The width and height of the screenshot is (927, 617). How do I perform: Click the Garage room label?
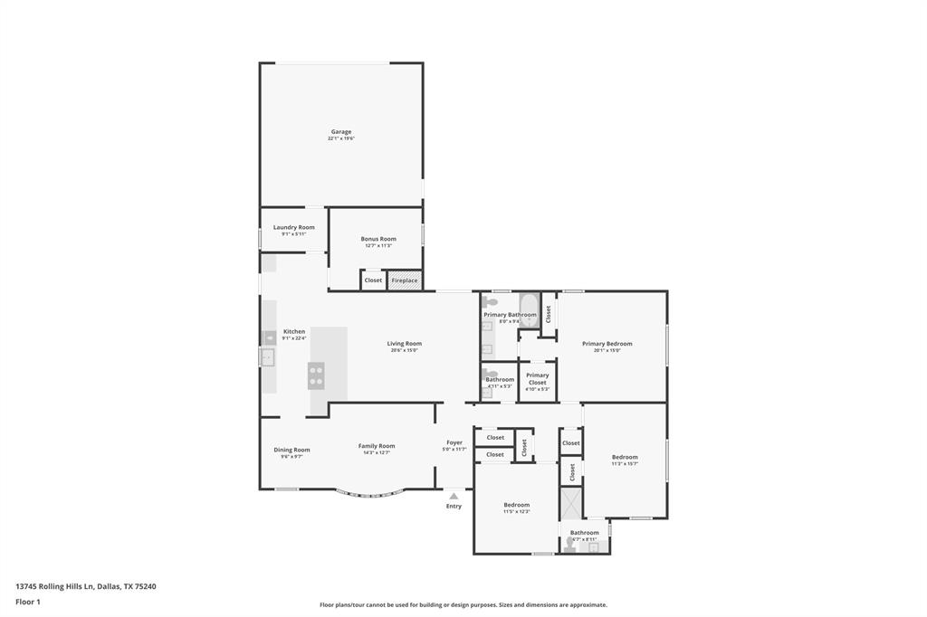[x=340, y=132]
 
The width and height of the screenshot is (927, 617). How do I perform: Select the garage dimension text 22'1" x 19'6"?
[x=340, y=139]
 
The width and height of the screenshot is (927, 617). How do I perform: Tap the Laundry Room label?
[x=293, y=227]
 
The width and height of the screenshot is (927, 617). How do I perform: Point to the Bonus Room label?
[x=378, y=239]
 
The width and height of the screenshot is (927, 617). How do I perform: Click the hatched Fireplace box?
[x=405, y=280]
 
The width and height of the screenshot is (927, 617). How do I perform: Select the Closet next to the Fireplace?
[x=373, y=280]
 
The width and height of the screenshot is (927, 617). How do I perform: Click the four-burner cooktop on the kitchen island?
[x=316, y=375]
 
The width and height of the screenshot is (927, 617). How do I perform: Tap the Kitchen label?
[x=294, y=332]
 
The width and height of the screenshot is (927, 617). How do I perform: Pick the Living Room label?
[x=404, y=344]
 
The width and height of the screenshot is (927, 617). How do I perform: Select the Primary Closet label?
[x=537, y=379]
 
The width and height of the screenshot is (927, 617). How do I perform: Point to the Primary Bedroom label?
[x=607, y=344]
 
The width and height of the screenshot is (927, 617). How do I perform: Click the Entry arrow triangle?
[x=454, y=496]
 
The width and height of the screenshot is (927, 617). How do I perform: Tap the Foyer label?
[x=454, y=442]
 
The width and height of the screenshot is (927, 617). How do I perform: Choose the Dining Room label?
[x=291, y=450]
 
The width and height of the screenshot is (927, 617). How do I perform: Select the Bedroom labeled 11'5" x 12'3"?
[x=516, y=505]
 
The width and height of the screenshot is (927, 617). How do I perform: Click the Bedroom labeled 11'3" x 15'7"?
[x=625, y=457]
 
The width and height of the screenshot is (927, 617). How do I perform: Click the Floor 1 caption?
[x=28, y=602]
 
